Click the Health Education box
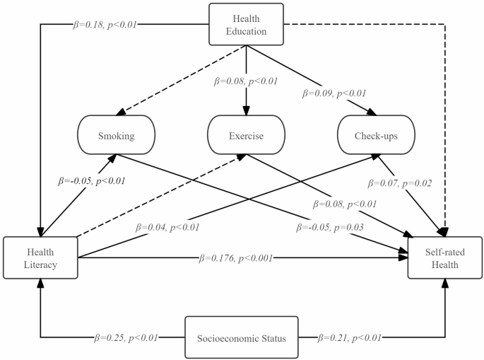pyautogui.click(x=246, y=24)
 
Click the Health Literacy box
pyautogui.click(x=40, y=257)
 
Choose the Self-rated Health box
pyautogui.click(x=445, y=257)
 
